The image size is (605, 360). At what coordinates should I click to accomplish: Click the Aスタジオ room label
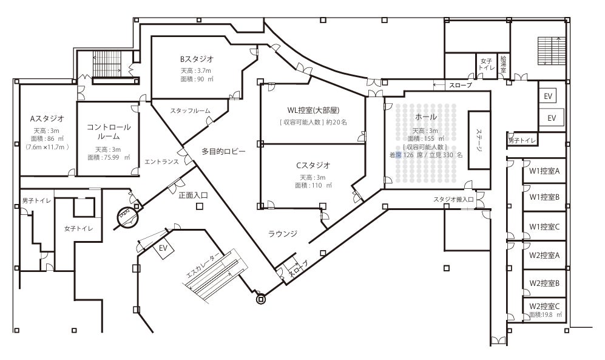[x=47, y=118]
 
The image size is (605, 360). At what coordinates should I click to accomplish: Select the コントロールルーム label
[x=108, y=132]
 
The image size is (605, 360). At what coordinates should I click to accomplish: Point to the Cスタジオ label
[x=313, y=165]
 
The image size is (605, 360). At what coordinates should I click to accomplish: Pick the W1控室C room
[x=544, y=226]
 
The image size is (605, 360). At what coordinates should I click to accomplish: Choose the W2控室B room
[x=544, y=282]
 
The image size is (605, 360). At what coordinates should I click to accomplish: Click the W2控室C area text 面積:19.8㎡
[x=546, y=315]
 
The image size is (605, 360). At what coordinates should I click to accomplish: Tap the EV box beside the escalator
[x=163, y=248]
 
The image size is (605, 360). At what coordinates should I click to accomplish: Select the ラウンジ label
[x=283, y=233]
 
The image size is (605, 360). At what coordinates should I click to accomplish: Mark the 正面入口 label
[x=193, y=195]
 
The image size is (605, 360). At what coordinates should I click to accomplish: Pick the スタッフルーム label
[x=190, y=110]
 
